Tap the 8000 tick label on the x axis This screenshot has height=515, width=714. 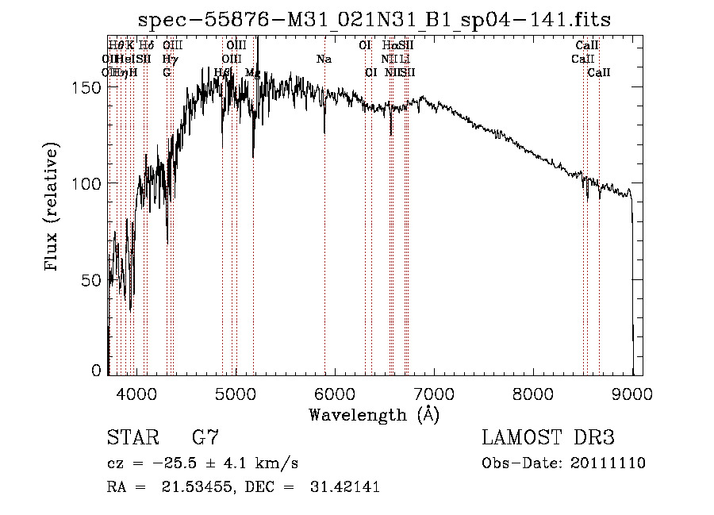point(533,393)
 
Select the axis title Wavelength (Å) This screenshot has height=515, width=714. point(374,414)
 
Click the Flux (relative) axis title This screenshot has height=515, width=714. point(52,209)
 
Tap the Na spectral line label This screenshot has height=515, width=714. point(324,59)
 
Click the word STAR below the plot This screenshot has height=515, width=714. point(132,437)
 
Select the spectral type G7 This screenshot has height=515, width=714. point(205,437)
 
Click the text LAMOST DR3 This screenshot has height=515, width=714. point(548,437)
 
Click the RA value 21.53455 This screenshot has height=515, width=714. point(189,487)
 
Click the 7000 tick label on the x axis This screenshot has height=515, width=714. point(433,393)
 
